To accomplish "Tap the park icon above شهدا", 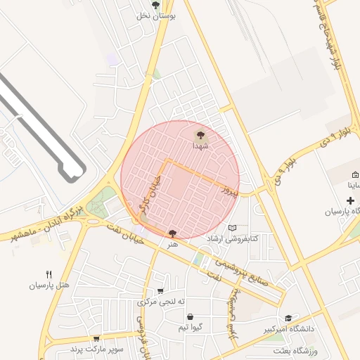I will pyautogui.click(x=201, y=134).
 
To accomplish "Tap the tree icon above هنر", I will pyautogui.click(x=173, y=233).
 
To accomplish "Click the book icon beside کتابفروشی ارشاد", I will pyautogui.click(x=232, y=229).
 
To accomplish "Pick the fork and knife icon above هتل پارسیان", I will pyautogui.click(x=49, y=274).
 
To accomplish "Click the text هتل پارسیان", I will pyautogui.click(x=49, y=285).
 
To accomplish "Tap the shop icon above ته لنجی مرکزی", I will pyautogui.click(x=161, y=291).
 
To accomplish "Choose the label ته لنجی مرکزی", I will pyautogui.click(x=161, y=302).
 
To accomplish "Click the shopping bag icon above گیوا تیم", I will pyautogui.click(x=190, y=317).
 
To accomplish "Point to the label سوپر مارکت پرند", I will pyautogui.click(x=96, y=349).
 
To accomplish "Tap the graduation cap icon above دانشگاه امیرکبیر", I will pyautogui.click(x=288, y=318).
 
